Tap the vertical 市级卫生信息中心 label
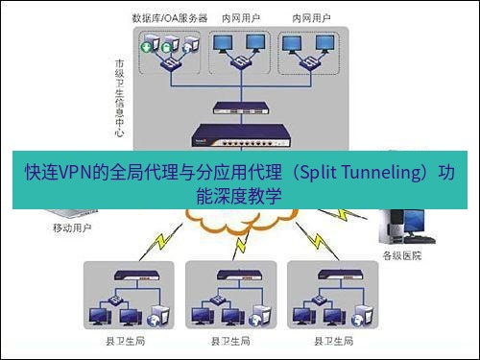[118, 96]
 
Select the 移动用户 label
[71, 230]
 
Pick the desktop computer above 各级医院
[403, 227]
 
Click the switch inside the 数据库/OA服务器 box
[171, 62]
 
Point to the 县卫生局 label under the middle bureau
[231, 341]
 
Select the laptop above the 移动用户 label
[69, 214]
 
